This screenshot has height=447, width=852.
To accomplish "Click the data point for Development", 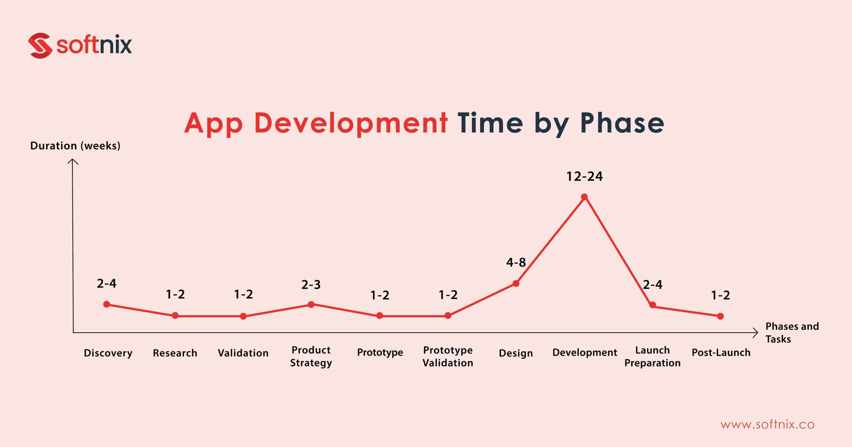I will click(x=584, y=197).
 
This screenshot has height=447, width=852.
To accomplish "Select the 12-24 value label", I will click(x=584, y=176).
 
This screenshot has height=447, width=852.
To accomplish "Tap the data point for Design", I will click(x=516, y=284).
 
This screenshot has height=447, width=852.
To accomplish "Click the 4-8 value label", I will click(x=516, y=262).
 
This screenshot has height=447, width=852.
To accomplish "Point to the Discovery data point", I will click(x=106, y=304).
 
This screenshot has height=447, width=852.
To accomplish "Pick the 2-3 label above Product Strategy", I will click(x=311, y=285).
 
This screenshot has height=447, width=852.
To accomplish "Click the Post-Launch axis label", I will click(x=721, y=353).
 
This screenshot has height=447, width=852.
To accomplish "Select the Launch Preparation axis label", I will click(x=652, y=356).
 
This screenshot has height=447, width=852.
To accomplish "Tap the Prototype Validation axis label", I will click(x=448, y=356).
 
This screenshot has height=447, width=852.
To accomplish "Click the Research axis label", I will click(x=175, y=353).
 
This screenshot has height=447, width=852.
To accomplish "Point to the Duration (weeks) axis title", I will click(x=75, y=146).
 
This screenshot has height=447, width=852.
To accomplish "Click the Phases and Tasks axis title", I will click(x=792, y=332).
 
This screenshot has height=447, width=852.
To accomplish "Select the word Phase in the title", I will click(x=622, y=123).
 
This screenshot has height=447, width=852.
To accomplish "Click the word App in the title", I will click(x=213, y=123).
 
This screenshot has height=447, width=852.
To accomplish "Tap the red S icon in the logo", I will click(x=40, y=45).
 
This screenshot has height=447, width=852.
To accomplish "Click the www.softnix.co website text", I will click(x=767, y=425).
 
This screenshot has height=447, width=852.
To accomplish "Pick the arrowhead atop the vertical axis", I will click(x=73, y=161).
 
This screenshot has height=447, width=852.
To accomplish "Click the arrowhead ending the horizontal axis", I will click(x=755, y=333).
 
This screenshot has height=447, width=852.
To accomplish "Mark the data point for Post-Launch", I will click(x=720, y=316).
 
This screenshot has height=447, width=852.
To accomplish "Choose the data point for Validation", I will click(x=243, y=316).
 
